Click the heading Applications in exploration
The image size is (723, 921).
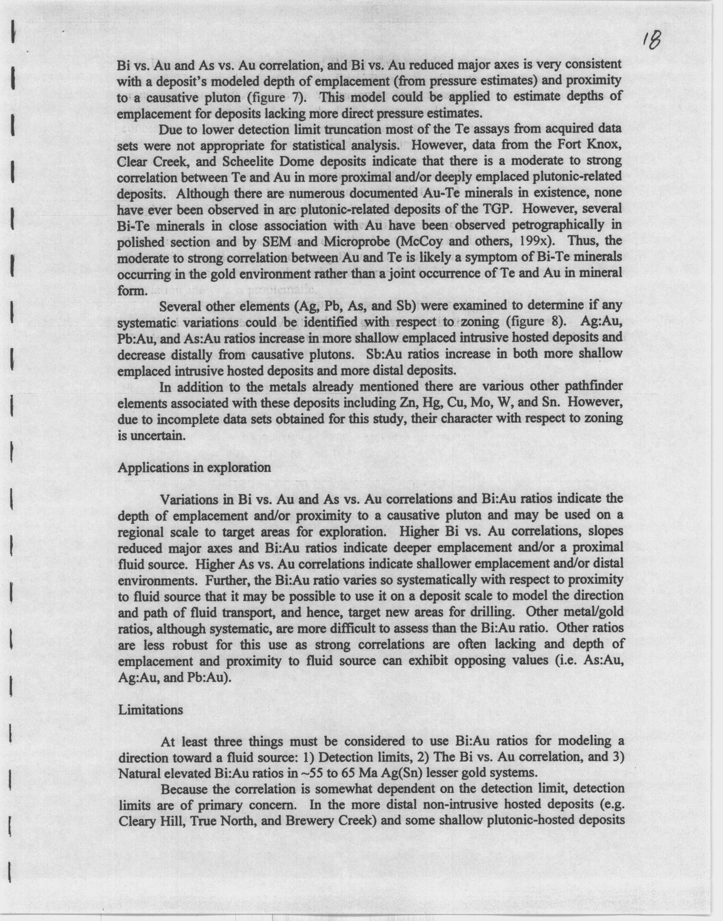[194, 468]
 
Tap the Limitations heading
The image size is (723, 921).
[150, 710]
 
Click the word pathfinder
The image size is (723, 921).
[590, 387]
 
